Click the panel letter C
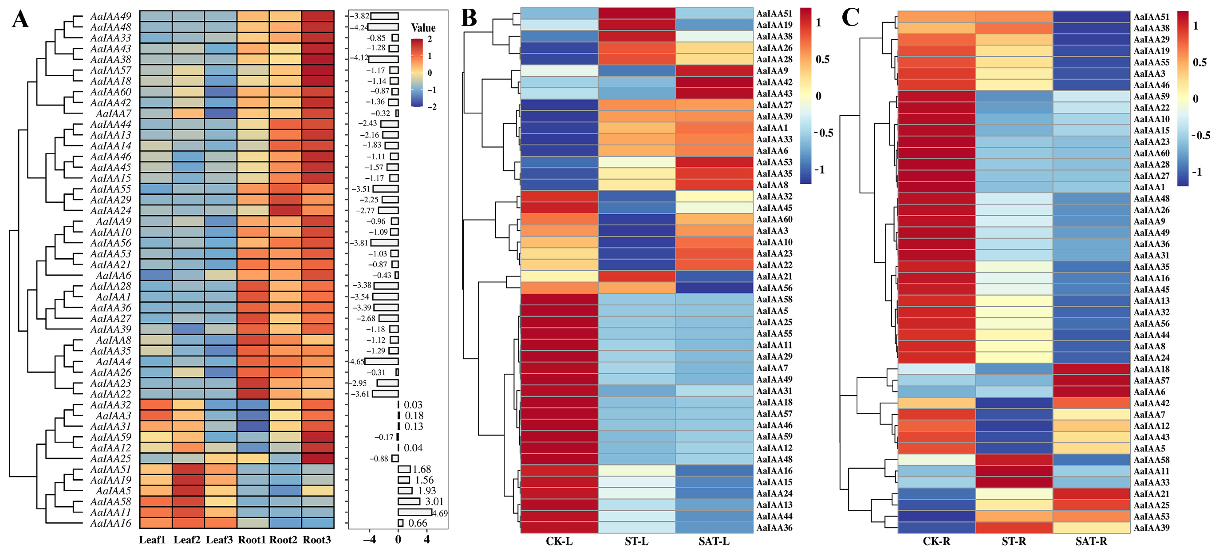pyautogui.click(x=850, y=18)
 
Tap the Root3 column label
pyautogui.click(x=317, y=540)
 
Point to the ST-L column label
pyautogui.click(x=637, y=541)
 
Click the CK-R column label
pyautogui.click(x=936, y=541)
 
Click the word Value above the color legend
pyautogui.click(x=423, y=28)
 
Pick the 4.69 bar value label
pyautogui.click(x=440, y=513)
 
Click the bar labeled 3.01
pyautogui.click(x=409, y=501)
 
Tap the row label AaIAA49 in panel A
pyautogui.click(x=111, y=16)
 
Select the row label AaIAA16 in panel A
pyautogui.click(x=111, y=523)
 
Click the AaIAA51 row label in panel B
pyautogui.click(x=774, y=13)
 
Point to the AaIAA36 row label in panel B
pyautogui.click(x=774, y=527)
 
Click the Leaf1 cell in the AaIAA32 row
pyautogui.click(x=156, y=405)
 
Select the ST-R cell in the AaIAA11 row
pyautogui.click(x=1014, y=471)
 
